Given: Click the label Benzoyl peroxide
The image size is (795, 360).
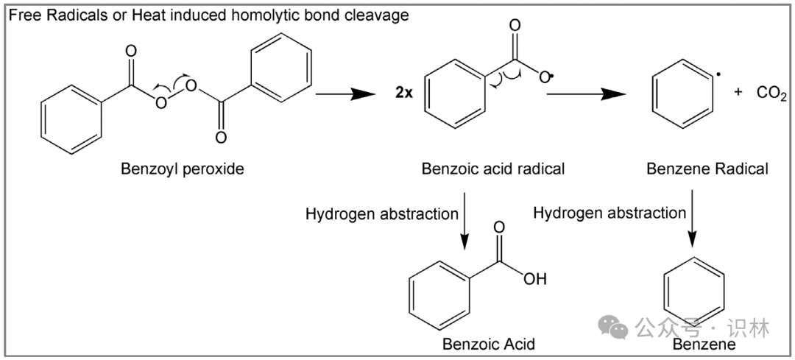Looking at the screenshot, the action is (182, 169).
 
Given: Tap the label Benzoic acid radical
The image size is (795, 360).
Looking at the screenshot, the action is (492, 169).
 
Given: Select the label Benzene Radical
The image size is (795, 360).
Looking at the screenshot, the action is (707, 169).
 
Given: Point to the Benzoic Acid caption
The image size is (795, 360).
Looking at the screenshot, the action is (489, 345).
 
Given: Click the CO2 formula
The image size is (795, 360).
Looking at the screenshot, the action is (771, 93).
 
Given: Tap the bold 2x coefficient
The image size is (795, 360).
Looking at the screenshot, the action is (405, 93).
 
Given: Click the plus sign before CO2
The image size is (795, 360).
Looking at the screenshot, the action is (738, 92).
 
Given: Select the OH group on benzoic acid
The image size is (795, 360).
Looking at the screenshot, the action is (535, 279).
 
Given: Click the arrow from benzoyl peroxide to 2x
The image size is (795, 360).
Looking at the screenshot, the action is (345, 93).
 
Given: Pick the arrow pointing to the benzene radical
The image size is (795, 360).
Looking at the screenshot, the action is (586, 93).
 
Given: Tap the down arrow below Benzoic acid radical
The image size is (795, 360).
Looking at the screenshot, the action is (464, 222).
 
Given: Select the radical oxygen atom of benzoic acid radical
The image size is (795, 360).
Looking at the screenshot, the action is (545, 78).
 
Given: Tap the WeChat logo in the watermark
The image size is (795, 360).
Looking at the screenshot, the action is (613, 327).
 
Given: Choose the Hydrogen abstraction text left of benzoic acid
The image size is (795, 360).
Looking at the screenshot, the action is (382, 214).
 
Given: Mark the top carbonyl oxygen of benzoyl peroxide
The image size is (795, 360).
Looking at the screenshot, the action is (131, 52).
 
